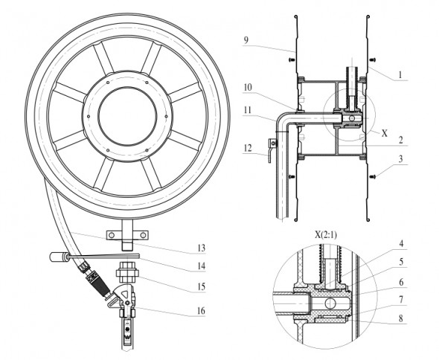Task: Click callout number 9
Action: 246,40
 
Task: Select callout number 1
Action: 400,74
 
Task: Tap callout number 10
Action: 248,88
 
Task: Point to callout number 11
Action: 247,110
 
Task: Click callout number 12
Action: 248,148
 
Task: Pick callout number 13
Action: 202,248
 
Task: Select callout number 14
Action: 202,266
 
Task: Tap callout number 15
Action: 202,286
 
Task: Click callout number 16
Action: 202,311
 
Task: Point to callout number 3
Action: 400,158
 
